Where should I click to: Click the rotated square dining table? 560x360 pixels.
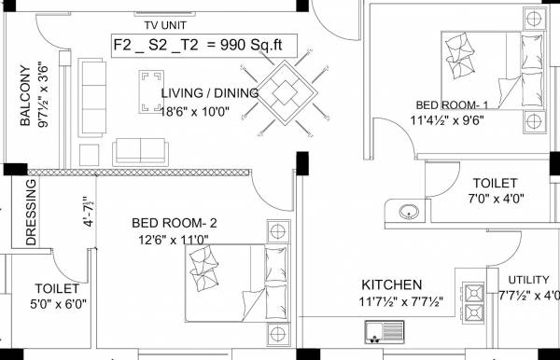286,90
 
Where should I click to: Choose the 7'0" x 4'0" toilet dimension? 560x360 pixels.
498,199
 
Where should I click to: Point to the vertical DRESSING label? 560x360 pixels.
31,214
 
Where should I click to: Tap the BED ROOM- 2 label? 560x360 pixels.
174,223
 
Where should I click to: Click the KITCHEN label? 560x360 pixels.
392,284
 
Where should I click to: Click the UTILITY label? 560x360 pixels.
528,280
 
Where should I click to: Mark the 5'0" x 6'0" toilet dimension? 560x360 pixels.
57,305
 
